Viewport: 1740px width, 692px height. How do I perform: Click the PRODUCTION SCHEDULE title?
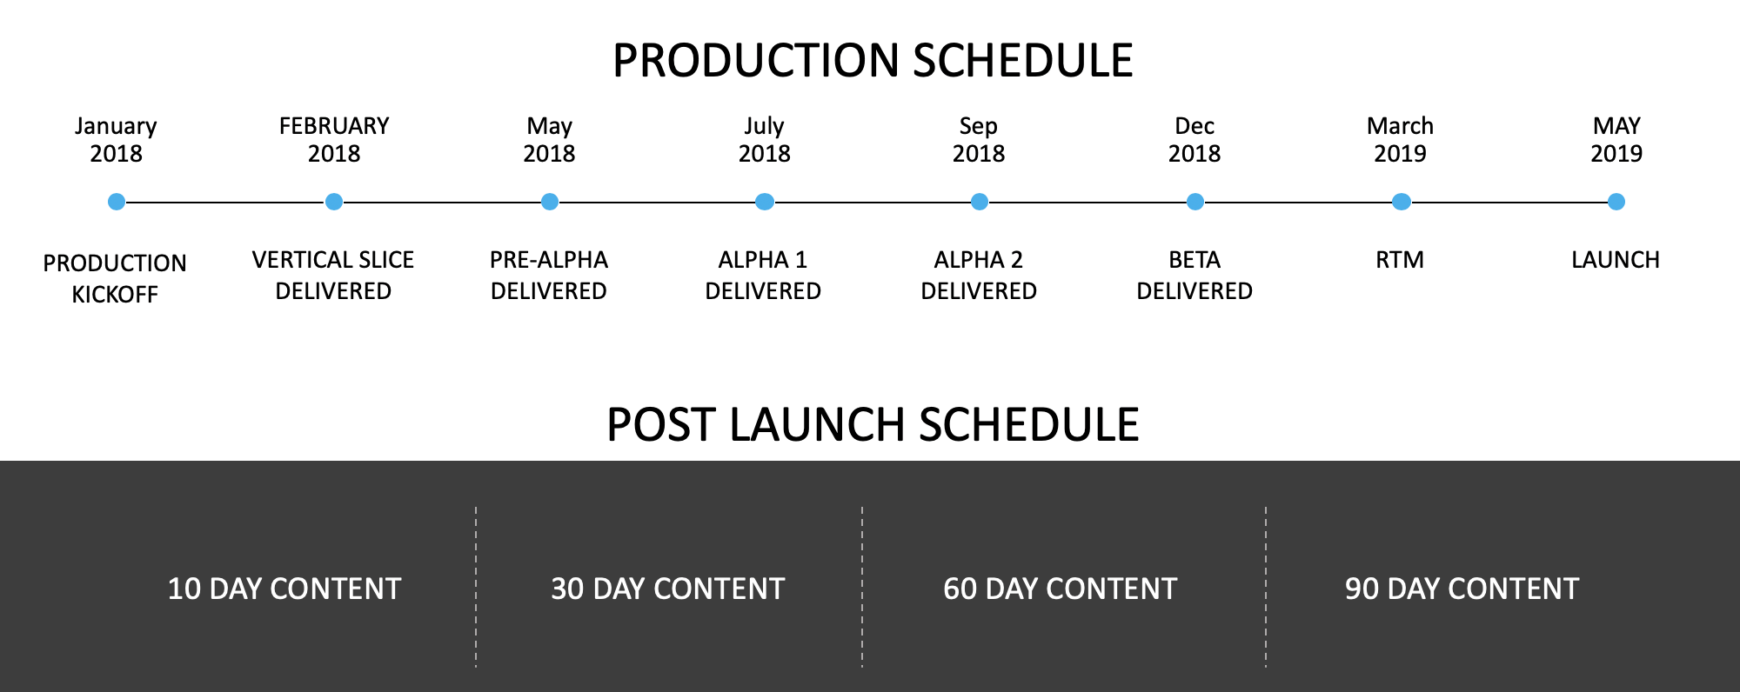click(873, 61)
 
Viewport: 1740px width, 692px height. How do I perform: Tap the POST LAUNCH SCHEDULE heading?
click(873, 425)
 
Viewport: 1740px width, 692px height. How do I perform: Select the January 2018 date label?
click(116, 140)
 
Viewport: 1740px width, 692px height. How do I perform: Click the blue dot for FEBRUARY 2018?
click(334, 202)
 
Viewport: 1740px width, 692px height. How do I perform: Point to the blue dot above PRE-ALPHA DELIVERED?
click(550, 202)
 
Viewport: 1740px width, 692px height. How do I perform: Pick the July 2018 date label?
click(765, 140)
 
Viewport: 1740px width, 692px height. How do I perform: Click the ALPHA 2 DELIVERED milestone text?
click(979, 275)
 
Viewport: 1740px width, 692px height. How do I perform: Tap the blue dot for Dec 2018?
click(1195, 202)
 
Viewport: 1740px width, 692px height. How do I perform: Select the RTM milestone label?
click(1400, 260)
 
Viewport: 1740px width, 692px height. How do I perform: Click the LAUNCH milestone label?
click(1616, 260)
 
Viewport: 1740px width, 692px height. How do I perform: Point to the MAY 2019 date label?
click(1616, 140)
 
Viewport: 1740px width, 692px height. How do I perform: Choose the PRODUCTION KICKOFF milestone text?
click(115, 278)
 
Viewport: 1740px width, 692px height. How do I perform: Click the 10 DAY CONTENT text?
click(284, 589)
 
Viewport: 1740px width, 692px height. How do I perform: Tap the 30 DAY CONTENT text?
click(668, 589)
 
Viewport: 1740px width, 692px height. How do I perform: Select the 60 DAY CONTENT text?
click(1061, 589)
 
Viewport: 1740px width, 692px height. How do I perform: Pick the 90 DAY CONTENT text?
click(1462, 589)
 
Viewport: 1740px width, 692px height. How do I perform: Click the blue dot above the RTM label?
click(1402, 202)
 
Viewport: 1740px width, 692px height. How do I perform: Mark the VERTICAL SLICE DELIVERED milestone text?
click(333, 275)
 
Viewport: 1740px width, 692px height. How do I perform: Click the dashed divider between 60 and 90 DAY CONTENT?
click(1266, 587)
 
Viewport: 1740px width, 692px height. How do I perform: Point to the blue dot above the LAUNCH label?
click(1616, 202)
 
